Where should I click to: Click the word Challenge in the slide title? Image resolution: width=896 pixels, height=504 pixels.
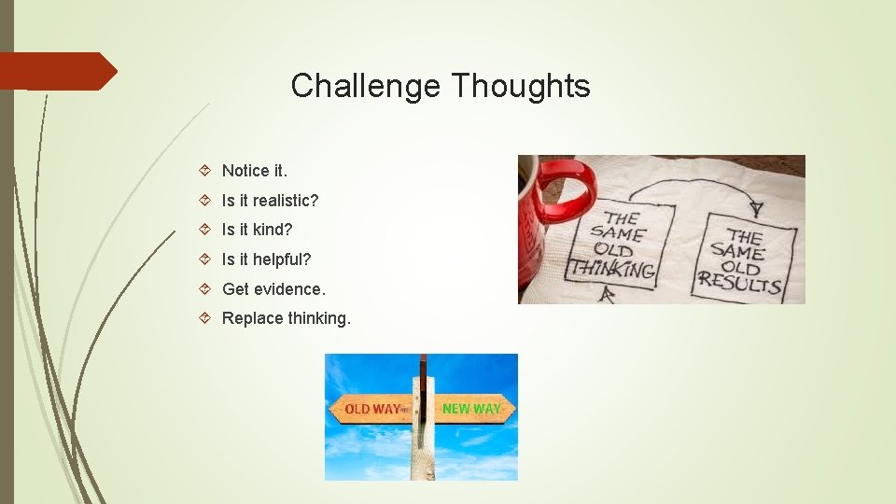(366, 86)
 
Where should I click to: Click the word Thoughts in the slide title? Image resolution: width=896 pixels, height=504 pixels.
(521, 86)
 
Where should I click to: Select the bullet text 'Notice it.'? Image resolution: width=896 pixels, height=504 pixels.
(255, 171)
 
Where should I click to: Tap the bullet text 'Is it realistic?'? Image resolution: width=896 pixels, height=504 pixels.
(270, 201)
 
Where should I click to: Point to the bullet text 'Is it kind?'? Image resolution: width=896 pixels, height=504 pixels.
(257, 230)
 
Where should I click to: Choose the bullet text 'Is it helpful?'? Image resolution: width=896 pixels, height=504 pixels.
(266, 259)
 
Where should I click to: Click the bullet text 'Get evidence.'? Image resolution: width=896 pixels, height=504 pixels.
(273, 289)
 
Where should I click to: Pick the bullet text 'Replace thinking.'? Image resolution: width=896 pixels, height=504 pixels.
(287, 318)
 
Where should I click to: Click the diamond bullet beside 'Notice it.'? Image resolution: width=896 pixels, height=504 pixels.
(208, 171)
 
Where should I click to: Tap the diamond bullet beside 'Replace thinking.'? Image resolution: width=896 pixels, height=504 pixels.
(208, 318)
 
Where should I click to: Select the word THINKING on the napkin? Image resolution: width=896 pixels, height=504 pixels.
(612, 270)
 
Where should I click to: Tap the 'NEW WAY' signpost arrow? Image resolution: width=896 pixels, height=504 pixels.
(471, 409)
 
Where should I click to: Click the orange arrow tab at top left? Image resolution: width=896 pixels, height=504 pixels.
(58, 71)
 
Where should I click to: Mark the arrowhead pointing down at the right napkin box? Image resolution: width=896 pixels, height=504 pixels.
(755, 207)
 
